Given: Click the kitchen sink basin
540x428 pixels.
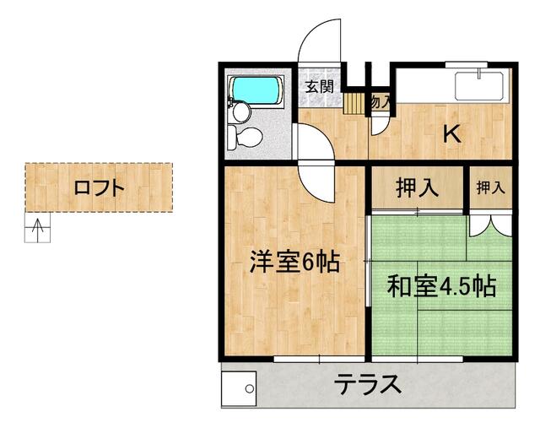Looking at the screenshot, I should (478, 87).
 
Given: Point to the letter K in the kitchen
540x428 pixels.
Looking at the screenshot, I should (453, 133).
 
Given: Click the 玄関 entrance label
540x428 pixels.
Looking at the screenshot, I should (319, 86).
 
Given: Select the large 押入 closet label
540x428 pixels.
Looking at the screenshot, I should (417, 187).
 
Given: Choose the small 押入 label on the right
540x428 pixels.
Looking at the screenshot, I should (489, 187).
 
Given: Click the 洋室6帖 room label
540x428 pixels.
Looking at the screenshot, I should (294, 263).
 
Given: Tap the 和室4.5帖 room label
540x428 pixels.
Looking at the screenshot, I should (440, 285).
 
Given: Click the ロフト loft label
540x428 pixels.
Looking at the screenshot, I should (99, 187).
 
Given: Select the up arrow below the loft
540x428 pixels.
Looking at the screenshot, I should (37, 226).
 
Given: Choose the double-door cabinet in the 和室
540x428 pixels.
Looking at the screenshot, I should (489, 225).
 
